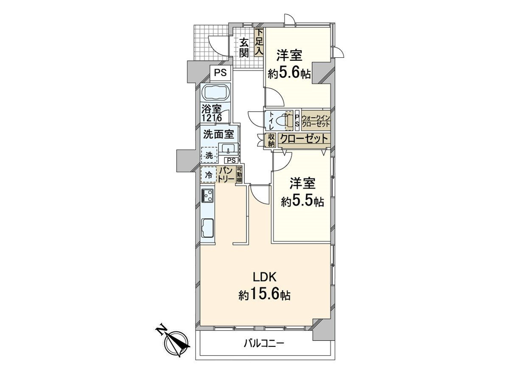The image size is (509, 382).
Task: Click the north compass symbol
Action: [174, 342]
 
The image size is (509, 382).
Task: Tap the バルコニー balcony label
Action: [264, 343]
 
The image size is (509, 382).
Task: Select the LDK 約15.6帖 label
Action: [265, 286]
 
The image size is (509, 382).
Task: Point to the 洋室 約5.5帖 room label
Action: [302, 193]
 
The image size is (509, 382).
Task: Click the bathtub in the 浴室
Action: [216, 92]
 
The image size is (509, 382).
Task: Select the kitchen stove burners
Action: [208, 196]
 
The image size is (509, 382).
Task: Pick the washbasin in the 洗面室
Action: [229, 149]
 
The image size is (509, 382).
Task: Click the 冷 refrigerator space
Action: [209, 174]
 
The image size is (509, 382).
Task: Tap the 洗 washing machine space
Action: [209, 155]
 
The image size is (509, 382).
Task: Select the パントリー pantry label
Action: [227, 174]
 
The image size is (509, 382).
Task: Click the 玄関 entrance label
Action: [243, 48]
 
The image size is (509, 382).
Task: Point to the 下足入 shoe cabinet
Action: [259, 42]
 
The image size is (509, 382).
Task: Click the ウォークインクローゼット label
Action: [316, 121]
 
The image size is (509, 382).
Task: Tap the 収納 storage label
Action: [271, 140]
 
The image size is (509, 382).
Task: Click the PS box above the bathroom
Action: [220, 73]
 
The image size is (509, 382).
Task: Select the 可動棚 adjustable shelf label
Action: [239, 174]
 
